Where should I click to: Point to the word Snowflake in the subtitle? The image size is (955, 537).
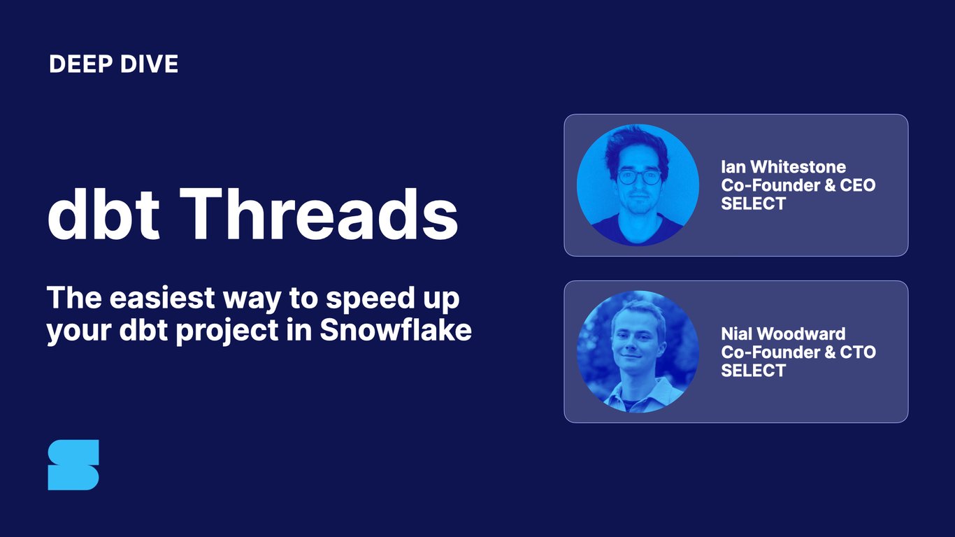click(x=396, y=331)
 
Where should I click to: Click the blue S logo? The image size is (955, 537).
click(x=73, y=465)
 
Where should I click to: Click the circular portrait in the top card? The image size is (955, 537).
click(x=638, y=185)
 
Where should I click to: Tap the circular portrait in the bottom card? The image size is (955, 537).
click(x=638, y=352)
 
